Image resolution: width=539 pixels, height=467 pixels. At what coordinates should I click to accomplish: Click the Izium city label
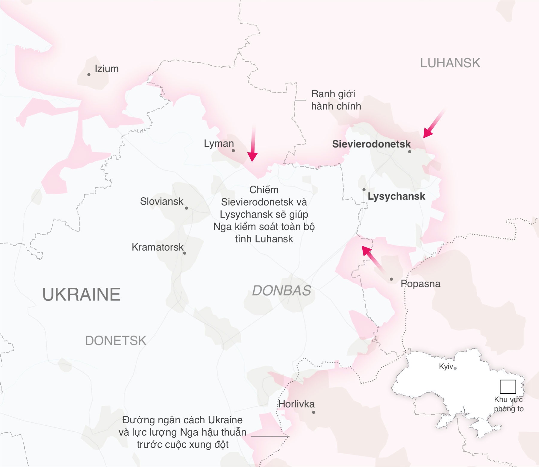coord(107,69)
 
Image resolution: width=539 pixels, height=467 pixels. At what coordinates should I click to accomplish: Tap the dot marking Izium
coord(89,75)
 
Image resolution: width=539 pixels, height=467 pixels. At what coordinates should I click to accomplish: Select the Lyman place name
coord(219,143)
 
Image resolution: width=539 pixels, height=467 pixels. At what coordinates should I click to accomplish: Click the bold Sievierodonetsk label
coord(371,144)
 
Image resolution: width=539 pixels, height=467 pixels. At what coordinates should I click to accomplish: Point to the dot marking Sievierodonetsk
coord(410,151)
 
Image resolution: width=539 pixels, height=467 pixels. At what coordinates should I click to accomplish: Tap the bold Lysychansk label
coord(396,196)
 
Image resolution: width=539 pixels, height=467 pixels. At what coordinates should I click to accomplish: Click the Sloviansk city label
coord(161,201)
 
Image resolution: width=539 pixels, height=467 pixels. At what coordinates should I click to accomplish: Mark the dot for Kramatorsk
coord(185,253)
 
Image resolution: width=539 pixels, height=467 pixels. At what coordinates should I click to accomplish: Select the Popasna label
coord(420,284)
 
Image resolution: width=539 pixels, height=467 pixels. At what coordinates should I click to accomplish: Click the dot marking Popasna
coord(391,279)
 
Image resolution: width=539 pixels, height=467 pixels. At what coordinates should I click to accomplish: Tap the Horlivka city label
coord(296,404)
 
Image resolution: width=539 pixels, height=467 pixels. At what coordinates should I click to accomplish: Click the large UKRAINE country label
coord(81,294)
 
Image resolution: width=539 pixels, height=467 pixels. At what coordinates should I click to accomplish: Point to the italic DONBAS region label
coord(281,291)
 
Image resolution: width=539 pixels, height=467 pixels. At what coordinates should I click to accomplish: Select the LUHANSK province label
coord(450,63)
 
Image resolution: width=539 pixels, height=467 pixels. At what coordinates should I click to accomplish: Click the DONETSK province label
coord(116,341)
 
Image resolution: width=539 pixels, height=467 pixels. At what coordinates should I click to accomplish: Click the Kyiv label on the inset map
coord(446,366)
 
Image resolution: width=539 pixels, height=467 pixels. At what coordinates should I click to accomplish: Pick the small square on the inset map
coord(508,387)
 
